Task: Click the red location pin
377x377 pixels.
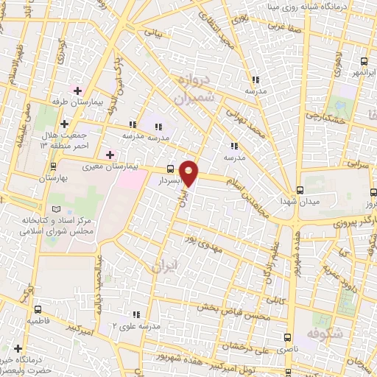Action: pos(190,172)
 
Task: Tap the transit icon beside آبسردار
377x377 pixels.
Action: pos(171,168)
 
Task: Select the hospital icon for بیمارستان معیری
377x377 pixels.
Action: pos(110,155)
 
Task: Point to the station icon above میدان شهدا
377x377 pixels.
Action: pos(299,189)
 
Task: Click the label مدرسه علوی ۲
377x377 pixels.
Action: pos(138,325)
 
